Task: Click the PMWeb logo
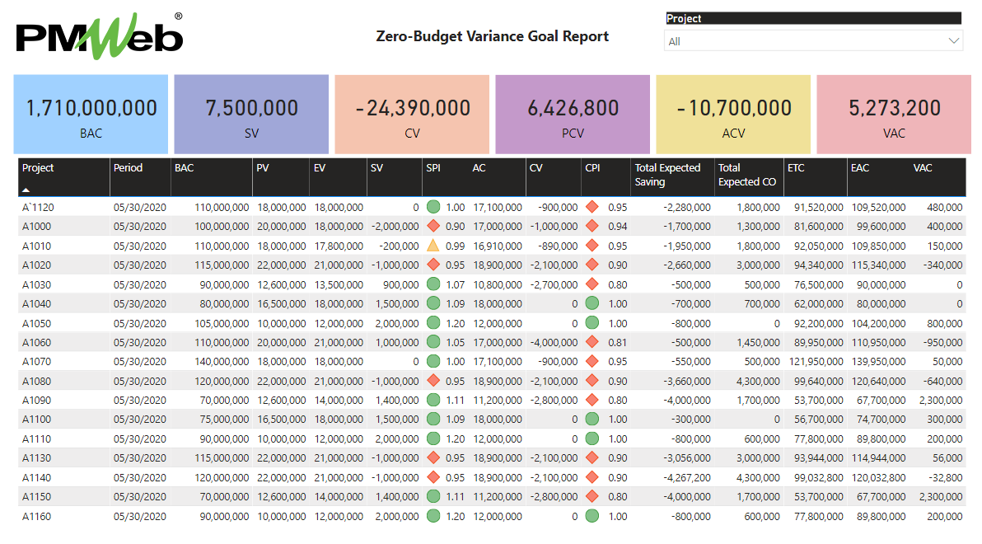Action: [x=100, y=37]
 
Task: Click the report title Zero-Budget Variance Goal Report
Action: [x=492, y=36]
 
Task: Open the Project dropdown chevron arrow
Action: [x=954, y=40]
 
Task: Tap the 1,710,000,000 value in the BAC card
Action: [x=91, y=108]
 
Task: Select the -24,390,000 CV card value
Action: [x=413, y=108]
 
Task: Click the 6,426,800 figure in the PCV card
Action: [x=573, y=108]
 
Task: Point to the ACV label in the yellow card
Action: [x=733, y=133]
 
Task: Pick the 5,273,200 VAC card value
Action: [x=894, y=108]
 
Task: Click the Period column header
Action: [x=128, y=168]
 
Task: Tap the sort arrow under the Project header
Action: [x=26, y=190]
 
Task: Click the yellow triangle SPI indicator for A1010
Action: [x=433, y=246]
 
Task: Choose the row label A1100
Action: [x=36, y=420]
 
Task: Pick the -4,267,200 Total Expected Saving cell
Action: [x=681, y=477]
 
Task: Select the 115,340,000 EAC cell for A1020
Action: [x=878, y=265]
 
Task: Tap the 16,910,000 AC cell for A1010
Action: [x=497, y=246]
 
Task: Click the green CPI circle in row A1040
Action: [x=592, y=303]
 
